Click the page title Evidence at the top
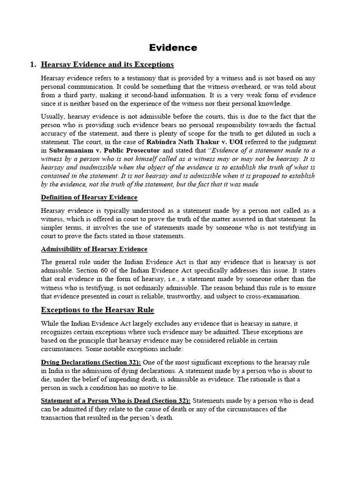[173, 47]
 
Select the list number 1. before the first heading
[33, 64]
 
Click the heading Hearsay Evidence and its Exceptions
[107, 64]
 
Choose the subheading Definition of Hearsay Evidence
[89, 197]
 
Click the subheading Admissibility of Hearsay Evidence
[94, 249]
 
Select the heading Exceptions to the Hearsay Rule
[97, 310]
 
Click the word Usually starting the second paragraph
[52, 116]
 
